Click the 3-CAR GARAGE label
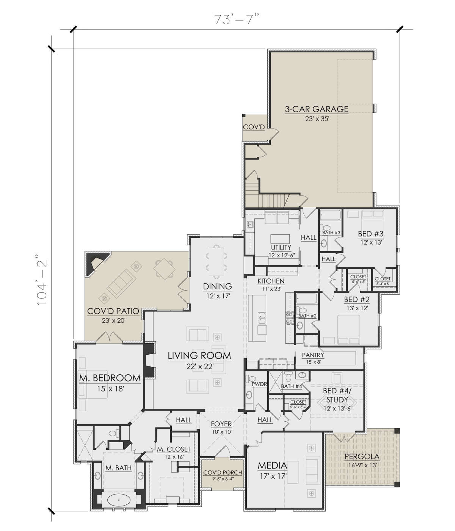coord(317,109)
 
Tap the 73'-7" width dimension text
coord(237,19)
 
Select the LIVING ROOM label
coord(199,355)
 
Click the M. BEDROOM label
coord(110,378)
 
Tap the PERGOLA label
coord(362,457)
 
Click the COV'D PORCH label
coord(223,473)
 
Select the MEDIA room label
coord(272,465)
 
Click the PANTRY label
coord(313,355)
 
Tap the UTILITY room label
coord(281,248)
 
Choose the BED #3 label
coord(370,234)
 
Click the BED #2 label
coord(357,300)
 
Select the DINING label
coord(218,286)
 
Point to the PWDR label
coord(259,384)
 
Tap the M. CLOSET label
coord(174,449)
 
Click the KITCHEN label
coord(271,281)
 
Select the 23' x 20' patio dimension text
coord(113,320)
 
